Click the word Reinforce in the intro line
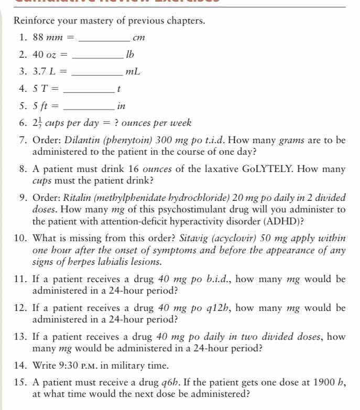35,21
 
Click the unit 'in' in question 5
121,105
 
